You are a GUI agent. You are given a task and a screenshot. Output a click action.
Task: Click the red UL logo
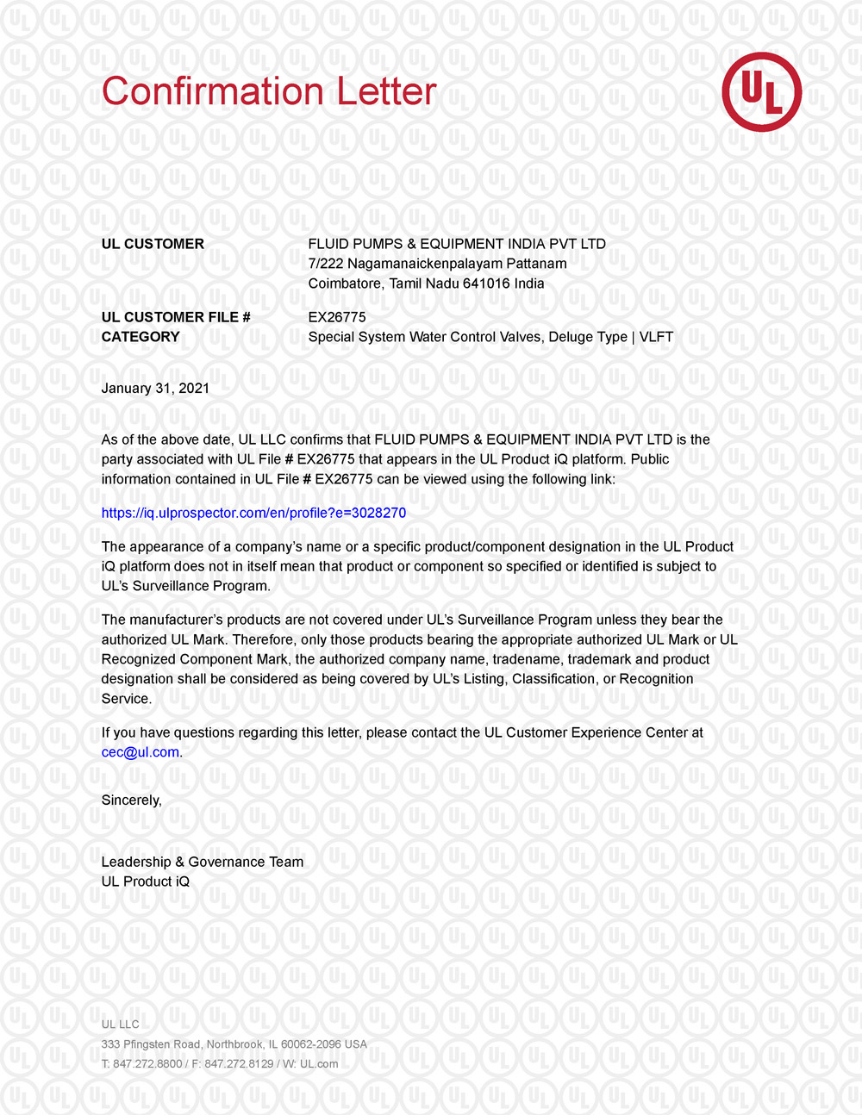761,92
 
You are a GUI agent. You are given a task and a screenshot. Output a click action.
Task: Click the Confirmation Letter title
269,91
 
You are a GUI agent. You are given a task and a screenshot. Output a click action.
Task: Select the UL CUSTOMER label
153,244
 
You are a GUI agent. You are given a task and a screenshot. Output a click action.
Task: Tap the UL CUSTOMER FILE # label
176,317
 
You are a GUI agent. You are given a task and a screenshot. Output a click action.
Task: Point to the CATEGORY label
141,337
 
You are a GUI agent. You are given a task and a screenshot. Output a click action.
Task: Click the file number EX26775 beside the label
337,317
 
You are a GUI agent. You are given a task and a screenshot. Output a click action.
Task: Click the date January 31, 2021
155,389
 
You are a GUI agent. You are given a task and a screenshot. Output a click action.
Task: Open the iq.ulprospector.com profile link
253,514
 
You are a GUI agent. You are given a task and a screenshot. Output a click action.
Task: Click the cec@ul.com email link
141,752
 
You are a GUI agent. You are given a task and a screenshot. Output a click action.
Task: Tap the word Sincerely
131,800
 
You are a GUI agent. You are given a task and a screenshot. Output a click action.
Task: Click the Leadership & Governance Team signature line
203,862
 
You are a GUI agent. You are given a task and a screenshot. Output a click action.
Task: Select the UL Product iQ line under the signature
146,881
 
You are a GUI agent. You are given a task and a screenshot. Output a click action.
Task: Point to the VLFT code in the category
656,337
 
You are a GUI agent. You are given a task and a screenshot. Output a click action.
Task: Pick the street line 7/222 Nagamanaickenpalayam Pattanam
438,264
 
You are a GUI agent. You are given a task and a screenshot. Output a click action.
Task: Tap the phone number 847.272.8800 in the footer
147,1064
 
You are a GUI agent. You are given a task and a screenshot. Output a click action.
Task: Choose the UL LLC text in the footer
120,1025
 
